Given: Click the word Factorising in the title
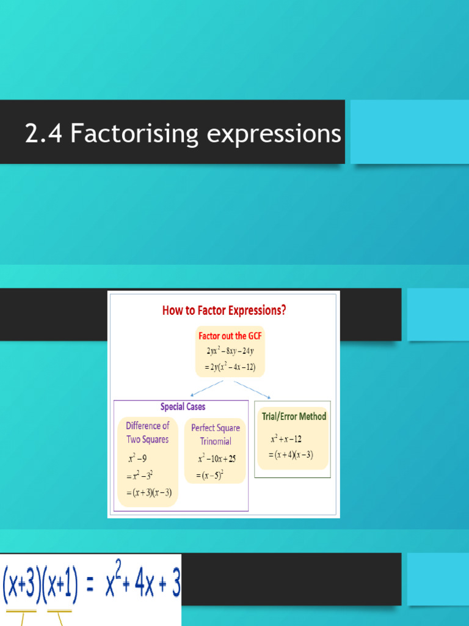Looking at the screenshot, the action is click(134, 133).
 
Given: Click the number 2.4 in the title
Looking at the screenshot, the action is click(43, 133).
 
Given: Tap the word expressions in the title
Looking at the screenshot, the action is click(274, 134).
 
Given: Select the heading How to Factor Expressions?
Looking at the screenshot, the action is click(224, 311).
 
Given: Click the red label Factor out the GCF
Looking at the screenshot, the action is click(230, 336).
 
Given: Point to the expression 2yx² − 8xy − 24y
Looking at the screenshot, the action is click(230, 351).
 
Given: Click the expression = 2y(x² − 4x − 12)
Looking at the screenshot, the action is click(230, 367).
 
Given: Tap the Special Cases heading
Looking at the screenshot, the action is click(183, 407).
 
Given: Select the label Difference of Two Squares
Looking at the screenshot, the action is click(148, 432).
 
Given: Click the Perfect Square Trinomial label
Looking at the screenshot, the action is click(216, 435).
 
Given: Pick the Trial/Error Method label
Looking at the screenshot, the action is click(294, 416).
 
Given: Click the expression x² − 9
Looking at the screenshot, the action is click(137, 458).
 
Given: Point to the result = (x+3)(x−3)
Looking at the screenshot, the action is click(149, 493).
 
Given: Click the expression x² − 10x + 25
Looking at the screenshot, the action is click(217, 458).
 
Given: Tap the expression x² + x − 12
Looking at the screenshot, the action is click(286, 439).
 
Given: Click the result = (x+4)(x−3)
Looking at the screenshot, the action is click(291, 455).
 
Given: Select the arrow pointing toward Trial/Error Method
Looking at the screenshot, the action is click(252, 389).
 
